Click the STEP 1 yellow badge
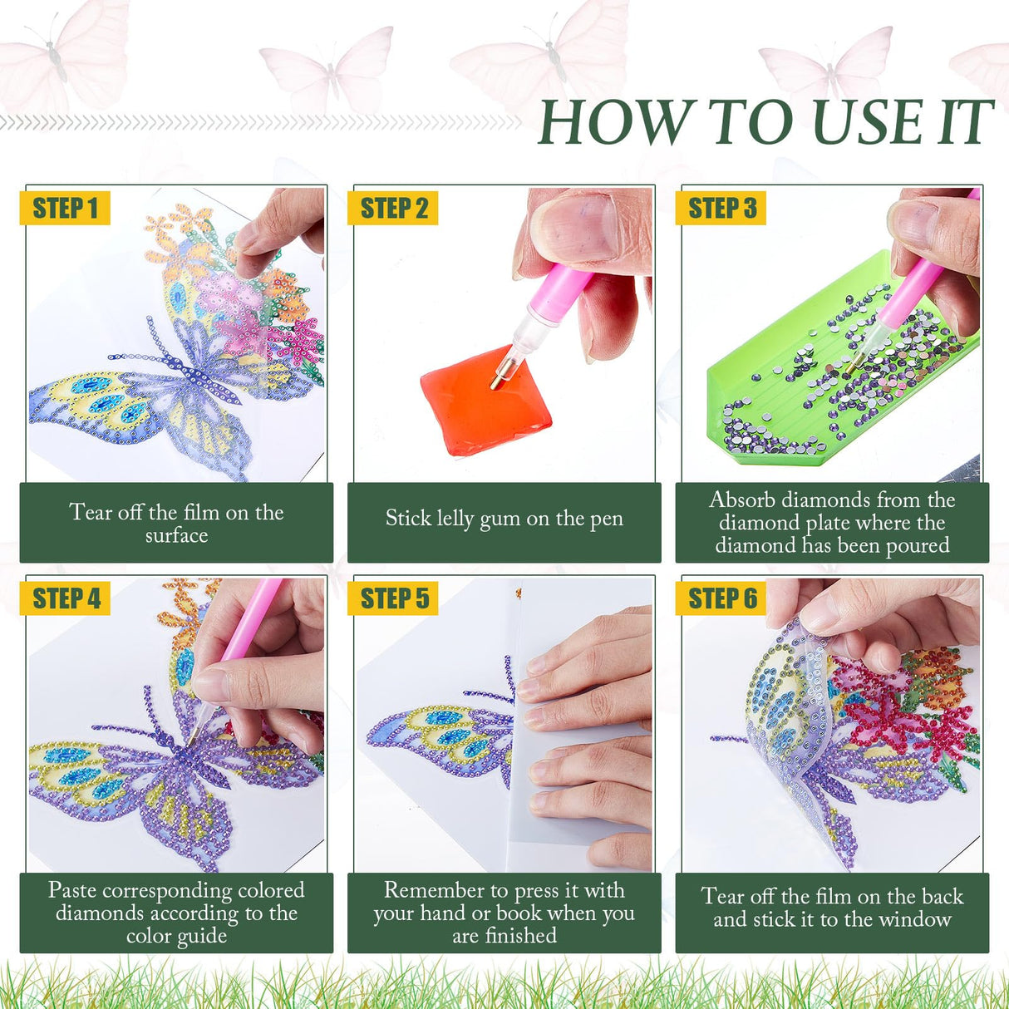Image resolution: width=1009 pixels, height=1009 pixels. tap(65, 209)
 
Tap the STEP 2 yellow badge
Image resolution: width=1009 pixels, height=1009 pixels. tap(393, 209)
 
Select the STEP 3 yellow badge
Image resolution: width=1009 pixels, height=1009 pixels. tap(721, 209)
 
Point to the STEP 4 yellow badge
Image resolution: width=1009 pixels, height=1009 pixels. tap(65, 598)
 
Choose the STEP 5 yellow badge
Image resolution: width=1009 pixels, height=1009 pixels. tap(393, 598)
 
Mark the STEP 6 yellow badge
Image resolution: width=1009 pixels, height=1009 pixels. tap(721, 598)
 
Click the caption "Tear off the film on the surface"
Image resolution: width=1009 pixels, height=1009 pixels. tap(176, 523)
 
